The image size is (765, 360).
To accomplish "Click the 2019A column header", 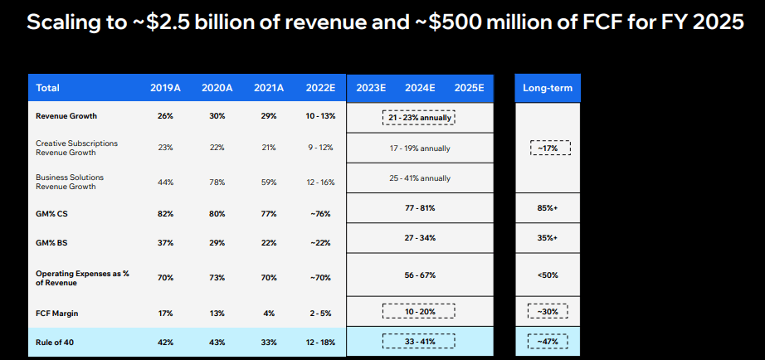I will tap(164, 88).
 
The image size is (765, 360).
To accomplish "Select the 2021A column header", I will tap(269, 88).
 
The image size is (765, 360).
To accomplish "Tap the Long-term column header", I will tap(548, 88).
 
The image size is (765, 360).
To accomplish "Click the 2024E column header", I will tap(421, 88).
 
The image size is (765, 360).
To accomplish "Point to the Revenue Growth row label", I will tap(66, 116).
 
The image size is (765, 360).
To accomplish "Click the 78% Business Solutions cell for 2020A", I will tap(217, 182).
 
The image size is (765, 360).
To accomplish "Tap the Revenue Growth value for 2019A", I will tap(164, 116).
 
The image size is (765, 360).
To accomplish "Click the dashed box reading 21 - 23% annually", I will tap(420, 117).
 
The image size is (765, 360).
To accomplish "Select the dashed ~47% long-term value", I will tap(548, 341).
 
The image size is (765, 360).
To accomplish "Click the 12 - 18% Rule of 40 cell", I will tap(320, 341).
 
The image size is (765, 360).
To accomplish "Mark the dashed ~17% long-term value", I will tap(548, 149).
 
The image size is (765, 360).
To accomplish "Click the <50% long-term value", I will tap(548, 275).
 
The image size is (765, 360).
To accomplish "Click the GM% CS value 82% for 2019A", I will tap(164, 213).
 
